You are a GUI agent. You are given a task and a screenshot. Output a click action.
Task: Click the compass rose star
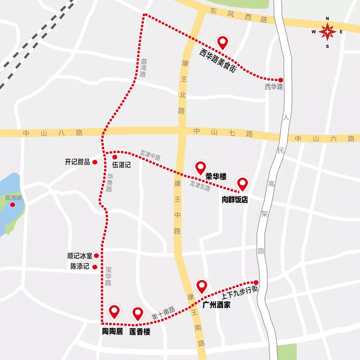[327, 32]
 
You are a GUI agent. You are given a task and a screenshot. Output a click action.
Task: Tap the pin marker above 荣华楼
[201, 168]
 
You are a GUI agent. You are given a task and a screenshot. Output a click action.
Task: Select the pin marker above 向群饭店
[242, 184]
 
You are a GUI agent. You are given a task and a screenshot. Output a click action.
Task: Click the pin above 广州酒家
[202, 286]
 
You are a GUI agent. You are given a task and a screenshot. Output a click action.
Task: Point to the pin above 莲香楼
[138, 313]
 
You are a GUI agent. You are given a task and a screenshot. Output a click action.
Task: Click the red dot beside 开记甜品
[95, 162]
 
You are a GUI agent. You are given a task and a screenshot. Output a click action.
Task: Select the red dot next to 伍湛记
[115, 157]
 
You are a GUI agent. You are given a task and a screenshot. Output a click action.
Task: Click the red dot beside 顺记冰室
[96, 256]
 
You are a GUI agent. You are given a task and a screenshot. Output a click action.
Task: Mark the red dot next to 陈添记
[95, 267]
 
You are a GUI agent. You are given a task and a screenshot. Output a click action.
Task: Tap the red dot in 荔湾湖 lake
[13, 205]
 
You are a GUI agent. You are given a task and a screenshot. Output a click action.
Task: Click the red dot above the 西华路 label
[281, 80]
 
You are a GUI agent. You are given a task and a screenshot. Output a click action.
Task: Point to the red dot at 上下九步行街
[256, 282]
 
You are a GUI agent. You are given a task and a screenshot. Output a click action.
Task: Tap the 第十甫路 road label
[164, 313]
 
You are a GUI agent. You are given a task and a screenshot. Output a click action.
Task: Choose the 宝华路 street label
[108, 276]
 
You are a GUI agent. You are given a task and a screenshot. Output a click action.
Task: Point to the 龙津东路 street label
[200, 185]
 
